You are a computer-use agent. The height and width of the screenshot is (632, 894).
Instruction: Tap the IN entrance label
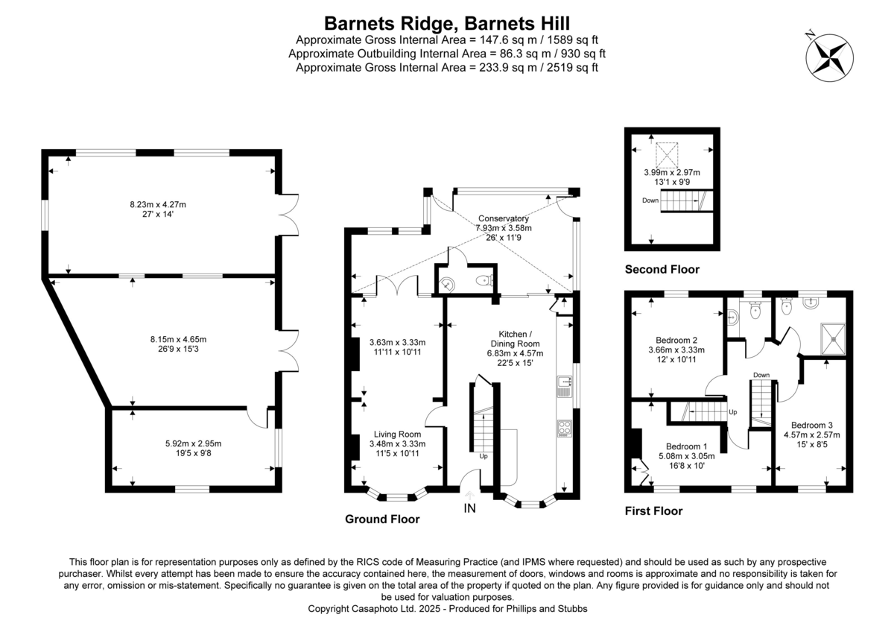click(469, 508)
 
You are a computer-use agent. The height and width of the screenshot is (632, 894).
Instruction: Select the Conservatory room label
click(504, 218)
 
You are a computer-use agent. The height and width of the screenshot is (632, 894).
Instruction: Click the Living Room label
click(398, 434)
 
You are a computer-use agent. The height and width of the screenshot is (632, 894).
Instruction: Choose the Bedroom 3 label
click(811, 425)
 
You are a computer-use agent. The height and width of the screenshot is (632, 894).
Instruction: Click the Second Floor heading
click(662, 269)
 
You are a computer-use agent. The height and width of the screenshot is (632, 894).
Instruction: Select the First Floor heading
click(653, 511)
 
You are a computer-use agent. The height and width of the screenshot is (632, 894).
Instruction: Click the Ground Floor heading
click(381, 519)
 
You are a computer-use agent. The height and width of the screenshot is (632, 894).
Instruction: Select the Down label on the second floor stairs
click(650, 200)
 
